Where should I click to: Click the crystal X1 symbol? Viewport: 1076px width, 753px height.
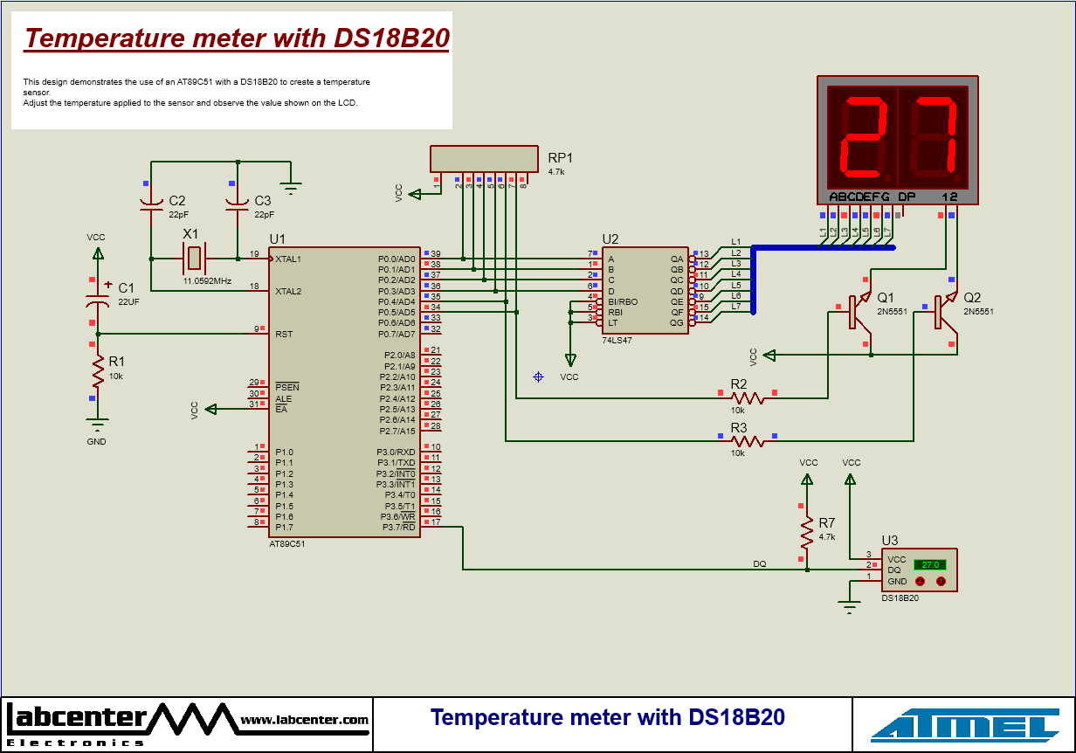[x=194, y=259]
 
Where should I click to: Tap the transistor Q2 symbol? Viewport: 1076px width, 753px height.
[x=942, y=312]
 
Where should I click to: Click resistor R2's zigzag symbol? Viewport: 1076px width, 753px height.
[x=748, y=397]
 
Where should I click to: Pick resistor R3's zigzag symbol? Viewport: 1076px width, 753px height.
[x=748, y=441]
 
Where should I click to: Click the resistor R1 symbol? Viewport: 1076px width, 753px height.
[x=97, y=373]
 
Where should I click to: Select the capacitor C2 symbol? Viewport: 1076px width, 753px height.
[x=152, y=206]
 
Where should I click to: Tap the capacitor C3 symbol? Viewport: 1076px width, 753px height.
[x=238, y=206]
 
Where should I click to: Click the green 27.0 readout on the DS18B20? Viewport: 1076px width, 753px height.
[x=929, y=564]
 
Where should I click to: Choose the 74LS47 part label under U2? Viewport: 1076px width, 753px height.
[x=617, y=340]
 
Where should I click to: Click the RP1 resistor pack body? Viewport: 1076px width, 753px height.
[x=485, y=158]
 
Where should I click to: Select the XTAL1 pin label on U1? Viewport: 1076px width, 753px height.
[x=289, y=259]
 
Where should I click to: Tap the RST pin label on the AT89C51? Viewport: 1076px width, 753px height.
[x=284, y=334]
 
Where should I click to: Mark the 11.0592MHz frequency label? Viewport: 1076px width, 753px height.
[x=207, y=281]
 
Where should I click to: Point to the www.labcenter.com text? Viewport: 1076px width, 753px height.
[x=305, y=720]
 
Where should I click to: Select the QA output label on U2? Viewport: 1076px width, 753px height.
[x=676, y=259]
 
